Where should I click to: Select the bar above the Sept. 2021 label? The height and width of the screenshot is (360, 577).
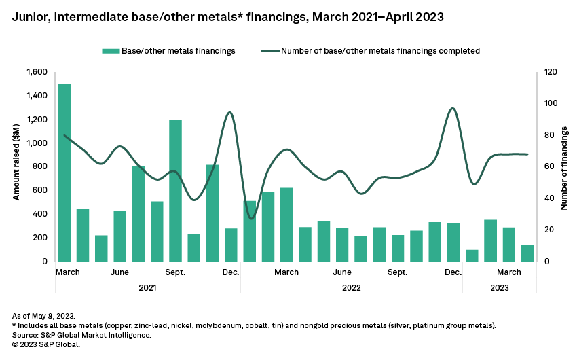pyautogui.click(x=175, y=190)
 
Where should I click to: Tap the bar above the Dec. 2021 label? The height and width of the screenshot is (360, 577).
pyautogui.click(x=231, y=245)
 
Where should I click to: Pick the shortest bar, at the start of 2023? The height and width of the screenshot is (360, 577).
pyautogui.click(x=472, y=255)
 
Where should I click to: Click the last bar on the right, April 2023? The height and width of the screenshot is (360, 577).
pyautogui.click(x=527, y=253)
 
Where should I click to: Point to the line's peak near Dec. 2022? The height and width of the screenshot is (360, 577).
pyautogui.click(x=452, y=109)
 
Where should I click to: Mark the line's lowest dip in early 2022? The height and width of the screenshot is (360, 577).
pyautogui.click(x=251, y=218)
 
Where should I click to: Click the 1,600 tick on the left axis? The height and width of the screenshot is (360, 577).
pyautogui.click(x=38, y=72)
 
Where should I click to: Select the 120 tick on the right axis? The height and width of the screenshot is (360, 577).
pyautogui.click(x=547, y=72)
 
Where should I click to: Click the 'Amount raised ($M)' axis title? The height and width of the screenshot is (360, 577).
pyautogui.click(x=17, y=166)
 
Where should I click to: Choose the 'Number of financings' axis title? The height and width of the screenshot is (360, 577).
pyautogui.click(x=563, y=166)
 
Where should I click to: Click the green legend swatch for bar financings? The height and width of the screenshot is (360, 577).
pyautogui.click(x=109, y=51)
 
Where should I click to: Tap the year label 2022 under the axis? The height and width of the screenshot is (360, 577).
pyautogui.click(x=351, y=287)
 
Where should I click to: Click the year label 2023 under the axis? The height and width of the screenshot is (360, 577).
pyautogui.click(x=499, y=287)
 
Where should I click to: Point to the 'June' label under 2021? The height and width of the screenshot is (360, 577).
pyautogui.click(x=119, y=272)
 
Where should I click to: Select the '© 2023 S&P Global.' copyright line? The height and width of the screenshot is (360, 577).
pyautogui.click(x=46, y=344)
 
